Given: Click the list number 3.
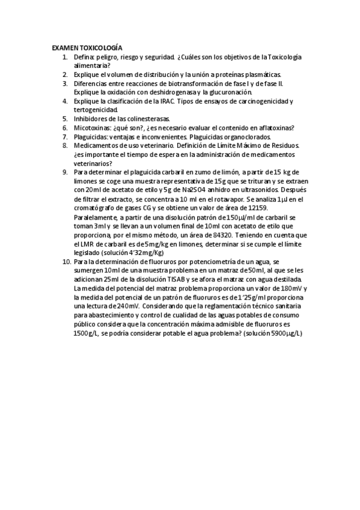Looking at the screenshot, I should (x=65, y=83).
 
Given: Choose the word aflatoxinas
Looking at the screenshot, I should (x=270, y=127).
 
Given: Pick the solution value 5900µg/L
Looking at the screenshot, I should (x=282, y=334).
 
